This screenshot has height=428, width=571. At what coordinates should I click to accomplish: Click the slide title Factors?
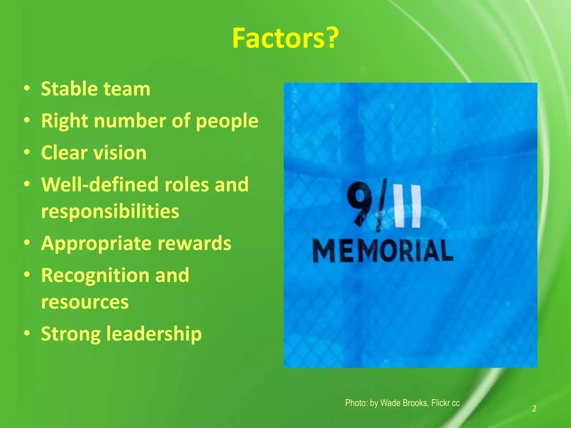pyautogui.click(x=285, y=38)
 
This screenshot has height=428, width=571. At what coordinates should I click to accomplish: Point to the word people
pyautogui.click(x=227, y=121)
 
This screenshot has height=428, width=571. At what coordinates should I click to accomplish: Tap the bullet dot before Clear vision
pyautogui.click(x=27, y=153)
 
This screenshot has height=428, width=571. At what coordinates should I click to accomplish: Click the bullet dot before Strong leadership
pyautogui.click(x=27, y=333)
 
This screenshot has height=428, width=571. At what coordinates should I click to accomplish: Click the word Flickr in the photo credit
pyautogui.click(x=441, y=403)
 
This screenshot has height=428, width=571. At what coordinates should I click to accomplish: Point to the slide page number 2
pyautogui.click(x=534, y=408)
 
